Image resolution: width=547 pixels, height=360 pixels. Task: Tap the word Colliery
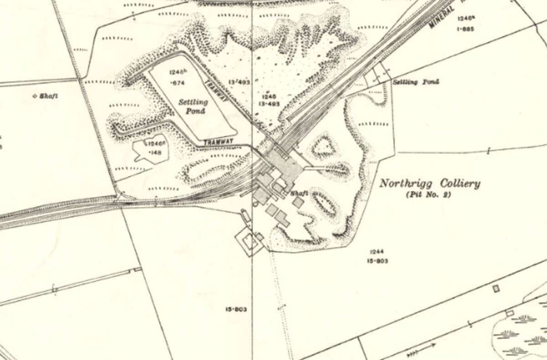click(457, 184)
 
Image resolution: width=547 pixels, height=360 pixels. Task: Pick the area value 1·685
click(465, 29)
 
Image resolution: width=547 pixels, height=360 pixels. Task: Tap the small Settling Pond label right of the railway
click(416, 82)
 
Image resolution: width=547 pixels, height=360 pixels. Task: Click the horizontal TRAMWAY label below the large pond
click(218, 142)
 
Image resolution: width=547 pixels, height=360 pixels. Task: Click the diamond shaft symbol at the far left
click(36, 96)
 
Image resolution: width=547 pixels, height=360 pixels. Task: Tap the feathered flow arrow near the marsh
click(418, 350)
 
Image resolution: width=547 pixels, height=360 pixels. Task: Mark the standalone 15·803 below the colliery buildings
click(236, 309)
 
